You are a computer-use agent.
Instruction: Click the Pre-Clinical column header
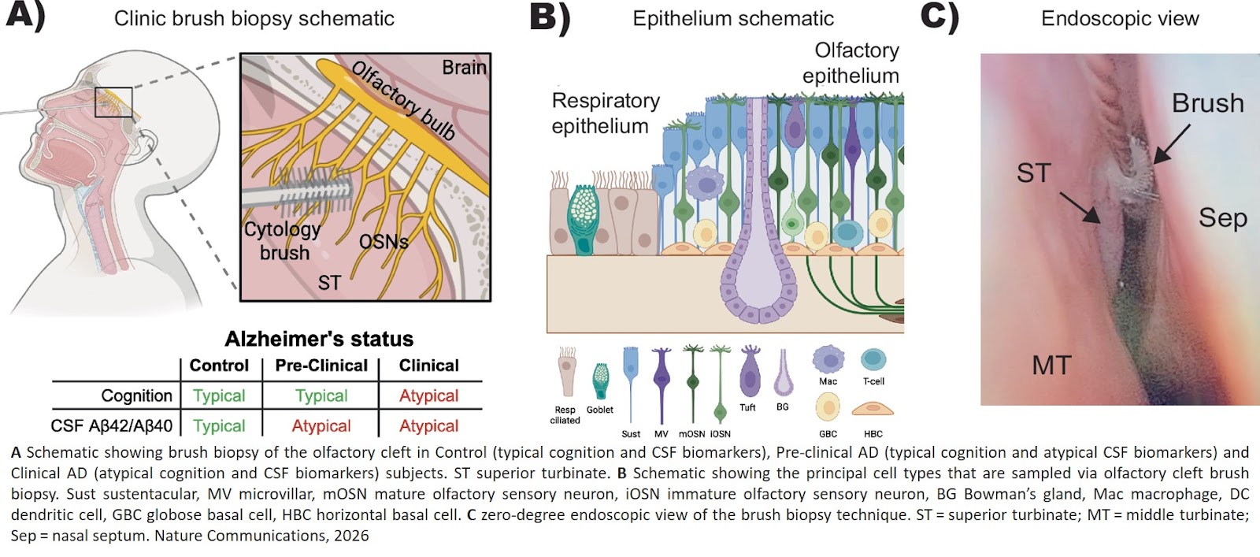[x=321, y=366]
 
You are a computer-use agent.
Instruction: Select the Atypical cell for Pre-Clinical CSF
[x=321, y=426]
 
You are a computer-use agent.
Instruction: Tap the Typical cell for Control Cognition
[x=219, y=395]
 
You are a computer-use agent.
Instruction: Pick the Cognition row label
[x=136, y=395]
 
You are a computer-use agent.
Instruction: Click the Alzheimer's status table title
[x=319, y=339]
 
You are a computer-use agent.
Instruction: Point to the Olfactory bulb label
[x=403, y=100]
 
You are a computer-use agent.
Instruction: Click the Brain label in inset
[x=464, y=68]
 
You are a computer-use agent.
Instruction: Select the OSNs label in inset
[x=384, y=242]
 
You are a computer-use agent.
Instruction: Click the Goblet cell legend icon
[x=601, y=381]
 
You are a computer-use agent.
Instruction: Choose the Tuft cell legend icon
[x=750, y=372]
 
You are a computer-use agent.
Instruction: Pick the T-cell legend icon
[x=873, y=359]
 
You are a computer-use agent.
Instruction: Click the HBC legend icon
[x=873, y=409]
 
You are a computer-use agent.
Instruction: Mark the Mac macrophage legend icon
[x=828, y=359]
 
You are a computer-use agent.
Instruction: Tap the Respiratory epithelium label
[x=605, y=113]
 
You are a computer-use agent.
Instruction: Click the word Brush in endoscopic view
[x=1207, y=103]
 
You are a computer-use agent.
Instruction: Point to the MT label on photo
[x=1051, y=366]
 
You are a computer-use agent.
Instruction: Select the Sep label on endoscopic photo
[x=1222, y=217]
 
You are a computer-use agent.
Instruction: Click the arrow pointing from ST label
[x=1080, y=207]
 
